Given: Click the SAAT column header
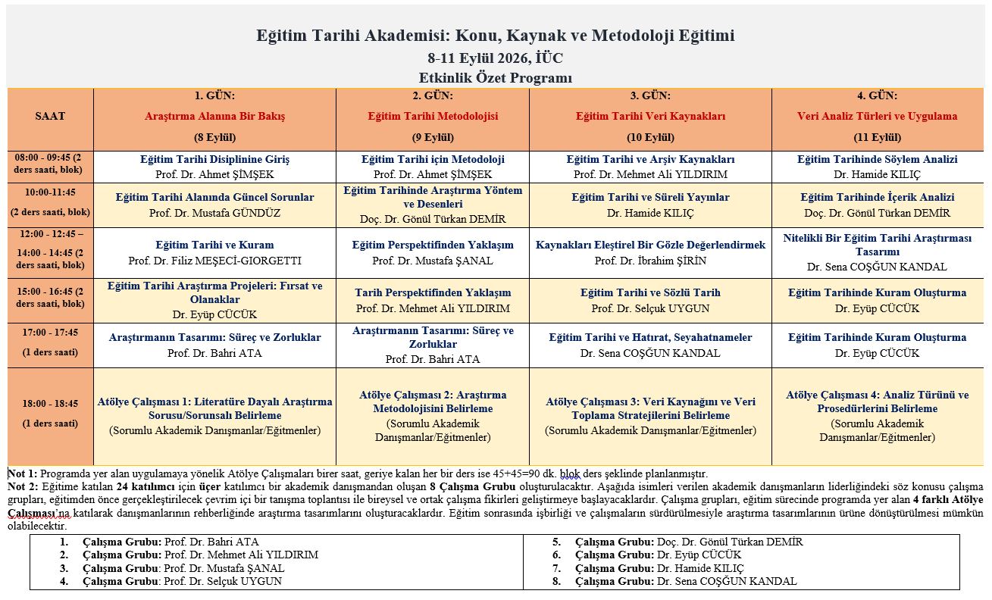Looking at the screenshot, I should click(x=50, y=117).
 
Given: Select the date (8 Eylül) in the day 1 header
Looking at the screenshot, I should click(x=215, y=138).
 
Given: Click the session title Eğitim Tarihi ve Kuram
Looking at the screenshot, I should click(x=214, y=245).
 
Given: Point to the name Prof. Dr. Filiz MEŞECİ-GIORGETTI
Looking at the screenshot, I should click(x=214, y=261).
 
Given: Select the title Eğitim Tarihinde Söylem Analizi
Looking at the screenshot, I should click(x=877, y=160).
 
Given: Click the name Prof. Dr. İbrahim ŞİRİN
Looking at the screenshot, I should click(x=650, y=261).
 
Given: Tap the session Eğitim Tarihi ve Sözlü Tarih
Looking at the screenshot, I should click(x=650, y=293).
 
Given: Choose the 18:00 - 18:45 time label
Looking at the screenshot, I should click(x=50, y=405).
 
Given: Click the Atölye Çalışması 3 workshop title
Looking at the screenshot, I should click(x=650, y=408).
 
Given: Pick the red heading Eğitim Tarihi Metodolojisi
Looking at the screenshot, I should click(x=433, y=117).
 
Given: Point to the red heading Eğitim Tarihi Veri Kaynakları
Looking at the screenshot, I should click(x=650, y=117).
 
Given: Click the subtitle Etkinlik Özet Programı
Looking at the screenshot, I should click(x=495, y=78).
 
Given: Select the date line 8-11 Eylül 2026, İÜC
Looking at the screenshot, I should click(x=495, y=58).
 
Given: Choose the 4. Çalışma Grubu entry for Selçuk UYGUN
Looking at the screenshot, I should click(x=182, y=582).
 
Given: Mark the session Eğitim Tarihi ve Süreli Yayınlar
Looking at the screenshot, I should click(x=650, y=198).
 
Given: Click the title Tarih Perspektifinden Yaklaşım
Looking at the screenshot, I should click(x=433, y=293).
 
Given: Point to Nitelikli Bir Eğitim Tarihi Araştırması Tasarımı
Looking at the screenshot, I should click(x=877, y=245).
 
